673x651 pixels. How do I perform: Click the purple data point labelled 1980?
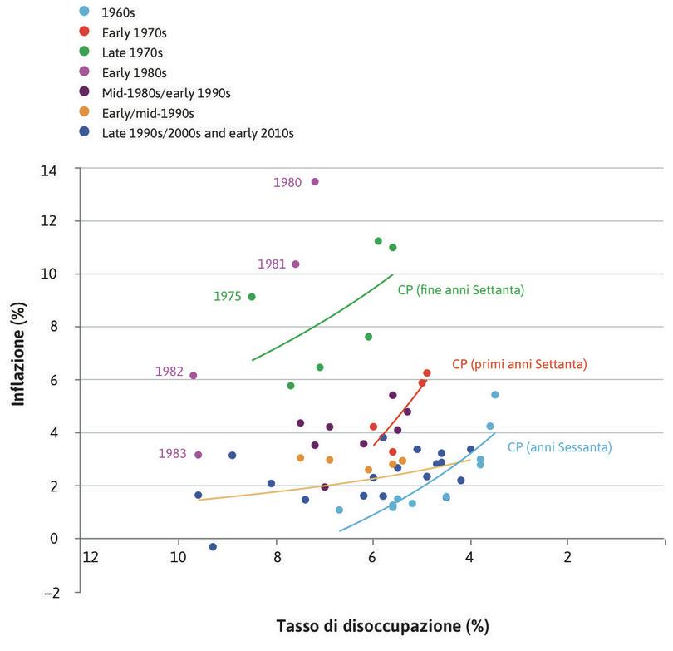(315, 181)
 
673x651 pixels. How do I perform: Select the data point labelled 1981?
(295, 264)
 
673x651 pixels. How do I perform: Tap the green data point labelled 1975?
(252, 297)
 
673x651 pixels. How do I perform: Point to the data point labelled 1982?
(194, 375)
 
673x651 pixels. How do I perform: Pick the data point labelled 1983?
(199, 455)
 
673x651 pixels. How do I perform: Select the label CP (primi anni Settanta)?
(519, 364)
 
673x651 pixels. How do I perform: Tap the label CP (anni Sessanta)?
(559, 447)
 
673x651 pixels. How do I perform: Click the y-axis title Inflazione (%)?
(18, 354)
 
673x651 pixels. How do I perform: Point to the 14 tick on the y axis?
(61, 169)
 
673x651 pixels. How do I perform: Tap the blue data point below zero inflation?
(213, 546)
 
